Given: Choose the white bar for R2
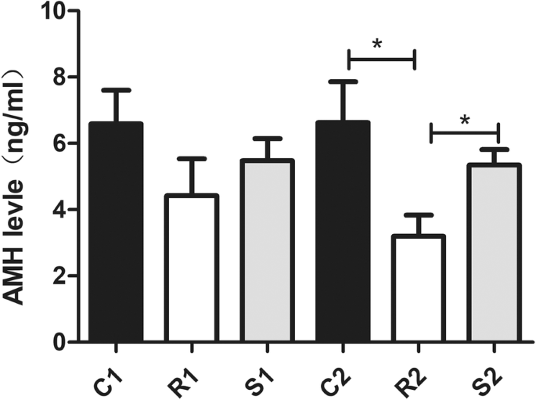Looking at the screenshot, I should pos(419,289).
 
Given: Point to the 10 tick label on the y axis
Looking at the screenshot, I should pos(55,12).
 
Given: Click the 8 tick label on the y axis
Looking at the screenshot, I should pos(61,77).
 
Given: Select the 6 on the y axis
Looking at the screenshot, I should pos(61,144).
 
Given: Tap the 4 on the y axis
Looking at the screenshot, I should pos(61,210).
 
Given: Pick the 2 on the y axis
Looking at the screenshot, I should pos(61,276).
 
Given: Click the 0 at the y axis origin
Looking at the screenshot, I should pos(61,342).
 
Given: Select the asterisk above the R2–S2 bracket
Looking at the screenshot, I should pos(465,121).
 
